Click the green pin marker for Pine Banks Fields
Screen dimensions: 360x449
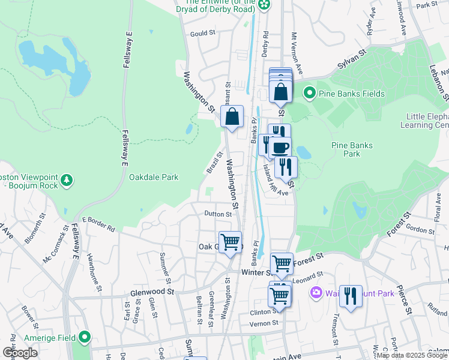coord(309,92)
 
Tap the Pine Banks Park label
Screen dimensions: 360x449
coord(352,149)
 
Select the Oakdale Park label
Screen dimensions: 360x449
coord(154,178)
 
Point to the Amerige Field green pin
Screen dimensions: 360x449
coord(85,338)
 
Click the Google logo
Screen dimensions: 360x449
coord(19,353)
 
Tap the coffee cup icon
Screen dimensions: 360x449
coord(280,147)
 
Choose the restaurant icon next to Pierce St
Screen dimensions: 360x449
coord(351,296)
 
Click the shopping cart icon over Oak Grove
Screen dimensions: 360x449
coord(231,242)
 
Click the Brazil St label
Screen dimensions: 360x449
coord(214,163)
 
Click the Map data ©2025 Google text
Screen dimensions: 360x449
coord(412,355)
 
